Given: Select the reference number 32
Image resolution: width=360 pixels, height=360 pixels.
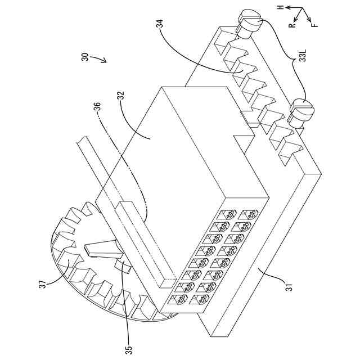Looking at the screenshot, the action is (120, 97).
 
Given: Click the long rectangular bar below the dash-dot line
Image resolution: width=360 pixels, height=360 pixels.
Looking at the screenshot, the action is (141, 242).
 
